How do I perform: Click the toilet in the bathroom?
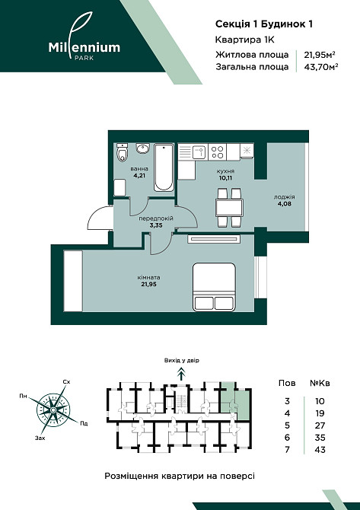pos(122,152)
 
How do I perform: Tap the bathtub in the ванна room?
pos(164,167)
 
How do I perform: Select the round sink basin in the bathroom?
pos(142,148)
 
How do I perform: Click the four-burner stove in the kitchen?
pos(217,152)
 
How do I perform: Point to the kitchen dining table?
pos(229,208)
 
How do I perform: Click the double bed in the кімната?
pos(214,287)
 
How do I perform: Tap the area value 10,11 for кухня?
pos(225,178)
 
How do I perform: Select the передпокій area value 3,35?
pos(156,225)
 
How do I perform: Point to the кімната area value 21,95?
pos(148,285)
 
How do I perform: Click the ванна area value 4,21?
pos(139,176)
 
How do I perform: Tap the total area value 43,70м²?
pos(320,67)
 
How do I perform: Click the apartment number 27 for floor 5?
pos(320,426)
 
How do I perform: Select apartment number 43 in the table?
pos(320,450)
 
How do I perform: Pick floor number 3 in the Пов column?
pos(287,401)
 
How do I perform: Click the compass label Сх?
pos(66,382)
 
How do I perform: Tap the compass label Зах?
pos(40,438)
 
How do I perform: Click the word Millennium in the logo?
pos(84,47)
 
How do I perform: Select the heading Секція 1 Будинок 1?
pos(264,24)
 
